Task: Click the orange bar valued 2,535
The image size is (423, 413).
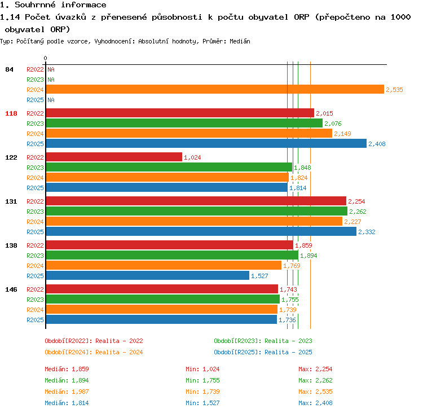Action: (215, 89)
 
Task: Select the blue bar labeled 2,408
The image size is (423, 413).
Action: (206, 143)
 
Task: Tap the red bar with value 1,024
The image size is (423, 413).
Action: (114, 157)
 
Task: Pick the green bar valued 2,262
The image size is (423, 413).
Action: (197, 211)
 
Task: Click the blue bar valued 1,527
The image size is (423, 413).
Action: (148, 275)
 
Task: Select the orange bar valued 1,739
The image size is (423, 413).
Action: (162, 309)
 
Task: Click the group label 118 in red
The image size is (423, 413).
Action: (11, 113)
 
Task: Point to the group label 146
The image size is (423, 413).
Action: (11, 289)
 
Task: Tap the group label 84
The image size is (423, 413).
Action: (9, 69)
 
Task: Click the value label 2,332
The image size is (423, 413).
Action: (367, 232)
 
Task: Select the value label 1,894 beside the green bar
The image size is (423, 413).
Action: (309, 256)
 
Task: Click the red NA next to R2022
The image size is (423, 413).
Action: (51, 69)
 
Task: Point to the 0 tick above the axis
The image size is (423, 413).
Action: (45, 58)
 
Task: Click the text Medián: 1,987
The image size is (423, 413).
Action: (67, 392)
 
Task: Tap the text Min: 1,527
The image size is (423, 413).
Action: (202, 403)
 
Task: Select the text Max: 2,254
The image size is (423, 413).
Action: (315, 369)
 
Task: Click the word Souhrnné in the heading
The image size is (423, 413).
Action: (35, 5)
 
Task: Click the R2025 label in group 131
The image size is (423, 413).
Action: (35, 232)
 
